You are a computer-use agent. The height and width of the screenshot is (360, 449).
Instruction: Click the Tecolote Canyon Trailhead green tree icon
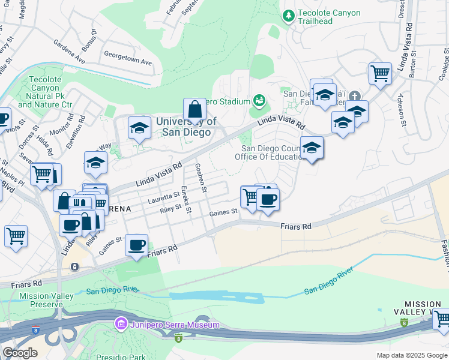[289, 14]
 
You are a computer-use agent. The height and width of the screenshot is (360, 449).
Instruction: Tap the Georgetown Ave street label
[127, 61]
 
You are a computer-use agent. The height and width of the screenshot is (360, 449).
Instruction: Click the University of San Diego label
[186, 127]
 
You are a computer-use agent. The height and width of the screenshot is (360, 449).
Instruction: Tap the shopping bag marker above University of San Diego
[194, 109]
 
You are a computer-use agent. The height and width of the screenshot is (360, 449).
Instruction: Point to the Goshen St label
[200, 179]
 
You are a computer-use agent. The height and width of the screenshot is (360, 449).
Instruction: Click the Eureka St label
[186, 199]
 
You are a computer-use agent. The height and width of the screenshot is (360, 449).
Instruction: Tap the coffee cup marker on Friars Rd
[137, 244]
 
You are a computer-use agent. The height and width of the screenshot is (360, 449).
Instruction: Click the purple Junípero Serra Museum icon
[121, 325]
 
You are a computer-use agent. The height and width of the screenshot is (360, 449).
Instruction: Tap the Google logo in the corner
[20, 353]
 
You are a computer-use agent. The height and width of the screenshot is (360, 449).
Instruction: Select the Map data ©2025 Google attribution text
[411, 355]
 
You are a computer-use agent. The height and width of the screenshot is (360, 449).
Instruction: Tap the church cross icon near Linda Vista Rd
[355, 96]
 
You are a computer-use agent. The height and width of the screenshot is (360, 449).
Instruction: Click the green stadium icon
[259, 100]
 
